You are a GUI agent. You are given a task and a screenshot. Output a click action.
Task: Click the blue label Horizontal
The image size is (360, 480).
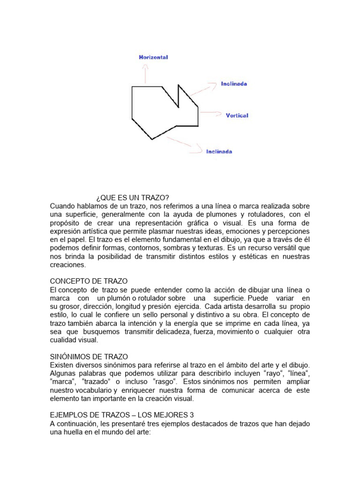[x=153, y=57]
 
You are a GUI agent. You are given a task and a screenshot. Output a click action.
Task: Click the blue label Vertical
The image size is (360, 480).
[x=237, y=115]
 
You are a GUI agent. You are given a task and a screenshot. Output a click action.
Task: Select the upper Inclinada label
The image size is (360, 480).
[x=234, y=84]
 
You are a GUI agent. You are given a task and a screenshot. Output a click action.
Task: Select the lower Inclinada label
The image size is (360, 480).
[x=219, y=151]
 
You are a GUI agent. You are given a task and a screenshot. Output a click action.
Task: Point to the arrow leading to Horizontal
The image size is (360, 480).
[x=146, y=74]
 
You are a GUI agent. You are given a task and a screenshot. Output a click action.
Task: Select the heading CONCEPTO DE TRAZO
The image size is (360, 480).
[x=89, y=281]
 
